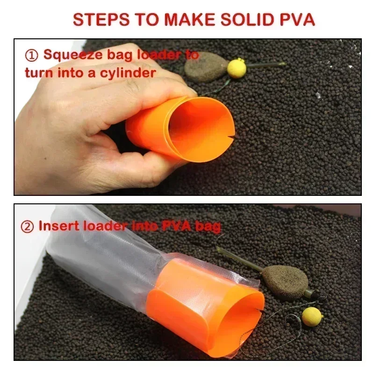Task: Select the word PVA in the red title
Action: tap(296, 20)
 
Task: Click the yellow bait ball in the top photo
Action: tap(237, 68)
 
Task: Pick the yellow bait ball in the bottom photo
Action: tap(312, 316)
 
